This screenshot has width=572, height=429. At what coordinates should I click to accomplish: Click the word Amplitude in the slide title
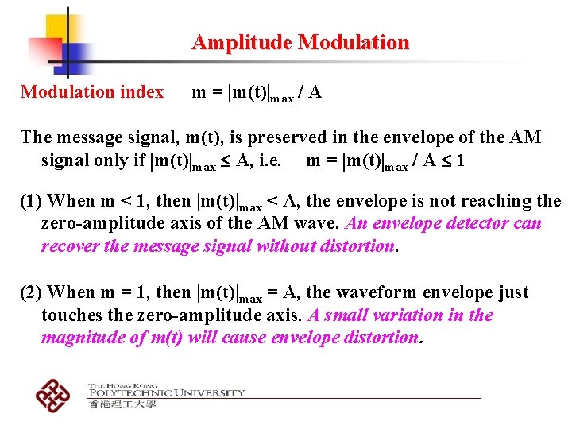coord(242,43)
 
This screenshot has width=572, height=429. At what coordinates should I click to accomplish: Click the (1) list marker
coord(32,201)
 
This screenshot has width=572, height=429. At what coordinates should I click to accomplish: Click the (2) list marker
coord(32,292)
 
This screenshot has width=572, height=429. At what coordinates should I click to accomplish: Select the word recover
coord(70,246)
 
